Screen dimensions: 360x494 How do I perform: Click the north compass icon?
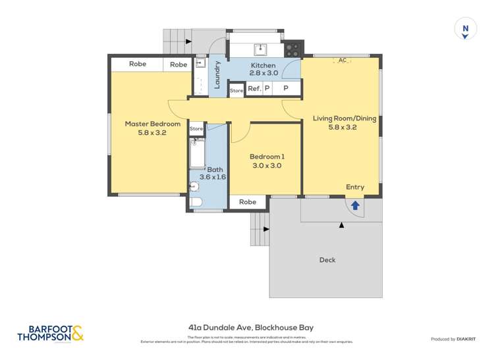pyautogui.click(x=465, y=29)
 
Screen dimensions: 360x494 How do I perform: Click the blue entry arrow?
pyautogui.click(x=355, y=205)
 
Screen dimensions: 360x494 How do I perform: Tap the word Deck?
pyautogui.click(x=327, y=260)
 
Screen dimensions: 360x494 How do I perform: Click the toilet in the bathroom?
pyautogui.click(x=194, y=202)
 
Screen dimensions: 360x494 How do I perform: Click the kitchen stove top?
pyautogui.click(x=292, y=49)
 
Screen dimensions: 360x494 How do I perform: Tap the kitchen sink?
pyautogui.click(x=261, y=48)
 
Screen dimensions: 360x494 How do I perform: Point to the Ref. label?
pyautogui.click(x=254, y=88)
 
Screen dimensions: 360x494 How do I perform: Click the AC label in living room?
pyautogui.click(x=341, y=61)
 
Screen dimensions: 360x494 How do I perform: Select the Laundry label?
pyautogui.click(x=217, y=74)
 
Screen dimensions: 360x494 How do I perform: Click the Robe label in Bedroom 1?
pyautogui.click(x=248, y=202)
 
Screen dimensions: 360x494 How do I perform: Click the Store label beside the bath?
pyautogui.click(x=196, y=129)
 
